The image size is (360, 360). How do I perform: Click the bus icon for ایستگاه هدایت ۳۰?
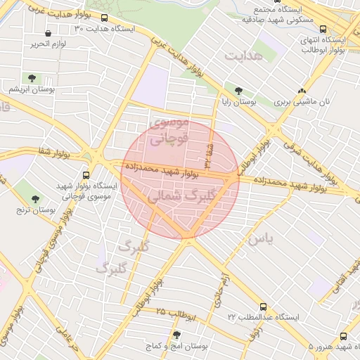(x=105, y=18)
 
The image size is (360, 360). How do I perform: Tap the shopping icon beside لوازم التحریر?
(x=48, y=33)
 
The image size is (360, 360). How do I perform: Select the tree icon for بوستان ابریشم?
(x=32, y=77)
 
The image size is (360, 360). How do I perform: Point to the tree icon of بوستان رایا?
(x=238, y=91)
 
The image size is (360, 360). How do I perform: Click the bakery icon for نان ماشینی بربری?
(x=302, y=91)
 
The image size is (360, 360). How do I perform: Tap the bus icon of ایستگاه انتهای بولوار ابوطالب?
(x=323, y=30)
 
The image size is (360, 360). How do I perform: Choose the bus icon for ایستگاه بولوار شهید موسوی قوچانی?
(x=86, y=176)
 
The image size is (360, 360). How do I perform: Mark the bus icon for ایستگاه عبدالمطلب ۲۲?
(x=263, y=307)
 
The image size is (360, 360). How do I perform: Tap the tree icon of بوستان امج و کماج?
(x=176, y=335)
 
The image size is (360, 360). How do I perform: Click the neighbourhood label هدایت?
(x=244, y=54)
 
